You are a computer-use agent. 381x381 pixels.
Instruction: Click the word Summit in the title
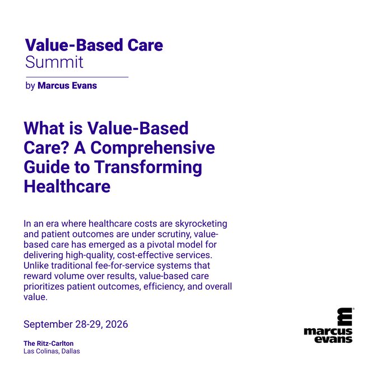[x=54, y=62]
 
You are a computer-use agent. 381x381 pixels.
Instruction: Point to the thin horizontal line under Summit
[x=77, y=77]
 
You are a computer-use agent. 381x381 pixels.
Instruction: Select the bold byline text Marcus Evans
[x=67, y=86]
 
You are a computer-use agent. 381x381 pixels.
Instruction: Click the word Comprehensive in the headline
[x=152, y=148]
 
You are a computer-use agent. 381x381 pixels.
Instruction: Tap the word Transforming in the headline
[x=148, y=168]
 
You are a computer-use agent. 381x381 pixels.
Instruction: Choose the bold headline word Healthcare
[x=67, y=187]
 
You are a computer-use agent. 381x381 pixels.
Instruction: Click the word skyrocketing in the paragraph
[x=201, y=224]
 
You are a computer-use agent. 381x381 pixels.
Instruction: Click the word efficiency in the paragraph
[x=164, y=287]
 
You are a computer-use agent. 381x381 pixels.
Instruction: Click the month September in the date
[x=48, y=324]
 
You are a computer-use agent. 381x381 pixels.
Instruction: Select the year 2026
[x=117, y=324]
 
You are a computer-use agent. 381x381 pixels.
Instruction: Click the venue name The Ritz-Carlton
[x=49, y=343]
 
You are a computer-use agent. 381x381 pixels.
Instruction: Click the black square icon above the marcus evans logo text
[x=345, y=317]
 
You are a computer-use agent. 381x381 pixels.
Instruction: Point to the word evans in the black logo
[x=333, y=339]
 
